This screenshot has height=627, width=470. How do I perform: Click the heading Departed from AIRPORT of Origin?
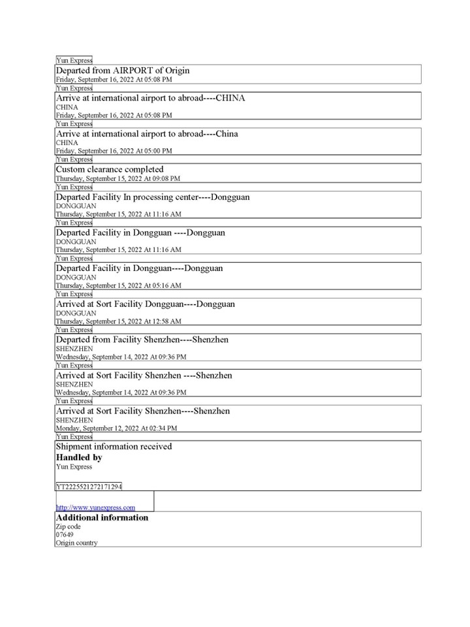(123, 71)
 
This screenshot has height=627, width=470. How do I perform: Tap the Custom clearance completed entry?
(110, 169)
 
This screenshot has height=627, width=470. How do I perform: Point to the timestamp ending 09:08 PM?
(117, 178)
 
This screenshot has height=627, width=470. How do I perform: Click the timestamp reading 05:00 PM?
(114, 151)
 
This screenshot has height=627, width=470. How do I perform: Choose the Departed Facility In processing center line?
(153, 197)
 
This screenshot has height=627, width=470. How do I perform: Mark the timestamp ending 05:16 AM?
(118, 285)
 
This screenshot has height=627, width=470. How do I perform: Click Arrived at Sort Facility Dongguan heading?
(146, 304)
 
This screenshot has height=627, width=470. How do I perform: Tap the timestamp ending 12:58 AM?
(118, 321)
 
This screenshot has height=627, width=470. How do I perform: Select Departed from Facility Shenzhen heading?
(142, 340)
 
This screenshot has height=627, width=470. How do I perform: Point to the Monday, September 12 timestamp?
(116, 428)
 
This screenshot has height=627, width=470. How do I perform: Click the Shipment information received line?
(114, 447)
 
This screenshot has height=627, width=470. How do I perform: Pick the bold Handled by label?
(79, 458)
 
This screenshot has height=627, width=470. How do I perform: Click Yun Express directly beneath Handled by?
(74, 467)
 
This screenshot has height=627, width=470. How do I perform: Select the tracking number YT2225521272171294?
(89, 487)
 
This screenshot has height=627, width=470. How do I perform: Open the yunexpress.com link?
(95, 507)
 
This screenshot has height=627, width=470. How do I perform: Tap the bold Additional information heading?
(102, 518)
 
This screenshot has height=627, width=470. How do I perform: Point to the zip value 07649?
(65, 535)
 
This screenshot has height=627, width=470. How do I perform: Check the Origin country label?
(76, 543)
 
